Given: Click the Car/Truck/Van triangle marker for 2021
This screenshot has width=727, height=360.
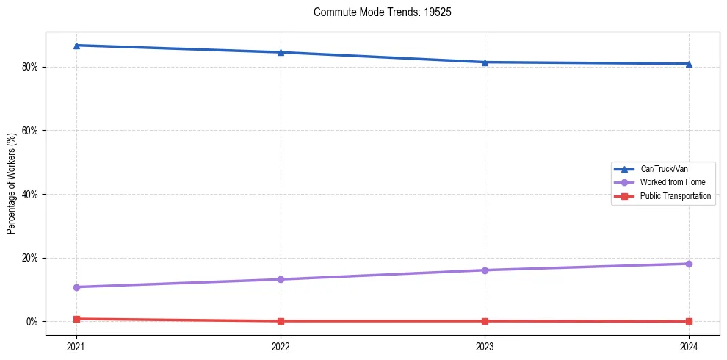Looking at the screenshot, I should tap(76, 46).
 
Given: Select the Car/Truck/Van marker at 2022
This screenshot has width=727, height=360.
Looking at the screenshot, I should tap(281, 52).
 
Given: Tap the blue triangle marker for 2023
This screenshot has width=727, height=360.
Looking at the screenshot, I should tap(485, 62).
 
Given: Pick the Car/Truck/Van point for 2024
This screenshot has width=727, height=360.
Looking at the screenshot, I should tap(689, 64).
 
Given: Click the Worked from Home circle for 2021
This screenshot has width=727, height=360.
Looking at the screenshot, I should tap(76, 287).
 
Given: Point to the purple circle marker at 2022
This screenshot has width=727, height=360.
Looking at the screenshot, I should tap(281, 279).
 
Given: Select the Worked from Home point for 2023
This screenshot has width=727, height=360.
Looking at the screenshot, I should tap(485, 270).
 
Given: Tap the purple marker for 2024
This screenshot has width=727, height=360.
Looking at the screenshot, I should tap(689, 264).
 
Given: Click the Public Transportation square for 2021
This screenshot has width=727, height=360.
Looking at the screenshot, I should tap(76, 319).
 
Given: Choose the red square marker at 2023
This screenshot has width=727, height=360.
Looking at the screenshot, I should tap(485, 321).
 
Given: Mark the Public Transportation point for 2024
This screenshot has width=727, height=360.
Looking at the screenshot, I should tap(689, 322).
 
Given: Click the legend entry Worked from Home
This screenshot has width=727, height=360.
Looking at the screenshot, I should tap(668, 182).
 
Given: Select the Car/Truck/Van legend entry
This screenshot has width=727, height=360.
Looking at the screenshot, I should tap(663, 169).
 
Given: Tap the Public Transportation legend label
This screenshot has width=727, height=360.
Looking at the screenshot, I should tap(675, 196).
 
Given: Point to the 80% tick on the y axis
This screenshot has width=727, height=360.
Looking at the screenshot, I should tap(31, 67).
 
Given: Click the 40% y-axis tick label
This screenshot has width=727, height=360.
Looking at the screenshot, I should tap(31, 195).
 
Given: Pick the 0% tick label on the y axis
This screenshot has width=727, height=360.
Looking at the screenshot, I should tap(33, 322).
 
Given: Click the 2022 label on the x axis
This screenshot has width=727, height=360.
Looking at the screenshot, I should tap(281, 345).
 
